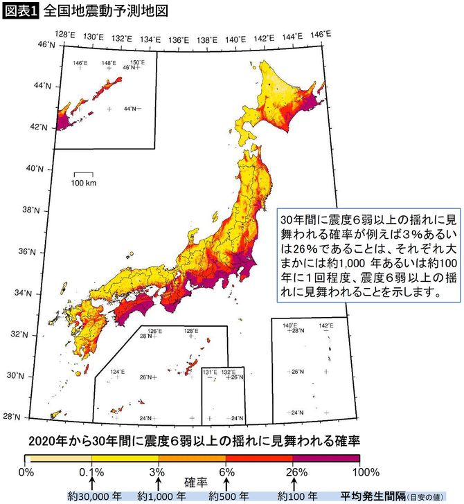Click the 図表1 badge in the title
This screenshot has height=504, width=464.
(x=21, y=11)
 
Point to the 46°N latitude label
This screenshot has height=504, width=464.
(x=46, y=44)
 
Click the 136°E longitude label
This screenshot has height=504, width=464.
(x=179, y=39)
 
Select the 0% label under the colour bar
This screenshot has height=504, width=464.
(x=25, y=472)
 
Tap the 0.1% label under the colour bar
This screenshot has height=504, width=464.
(x=92, y=472)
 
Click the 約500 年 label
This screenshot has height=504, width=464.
(x=228, y=496)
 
